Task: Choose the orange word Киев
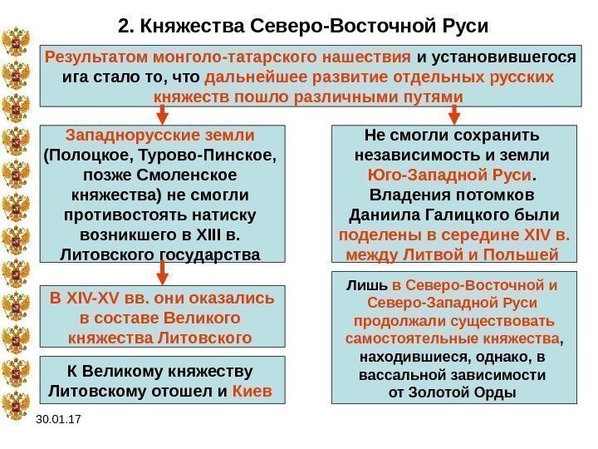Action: [255, 390]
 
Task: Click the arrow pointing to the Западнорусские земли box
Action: [163, 115]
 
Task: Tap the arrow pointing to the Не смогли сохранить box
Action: [453, 115]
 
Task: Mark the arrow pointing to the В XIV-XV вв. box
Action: [163, 271]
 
